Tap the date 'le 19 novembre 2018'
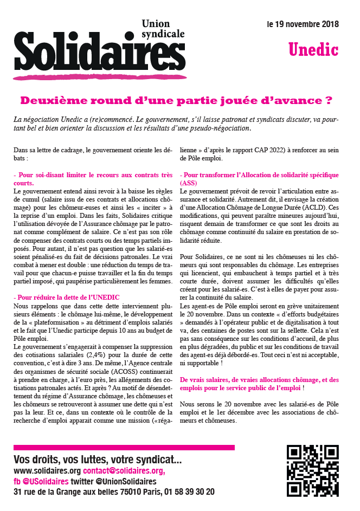[303, 24]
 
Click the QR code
[312, 470]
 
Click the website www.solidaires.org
[47, 471]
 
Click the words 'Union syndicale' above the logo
[162, 29]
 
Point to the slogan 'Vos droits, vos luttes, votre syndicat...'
[98, 460]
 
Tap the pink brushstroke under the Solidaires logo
[92, 77]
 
